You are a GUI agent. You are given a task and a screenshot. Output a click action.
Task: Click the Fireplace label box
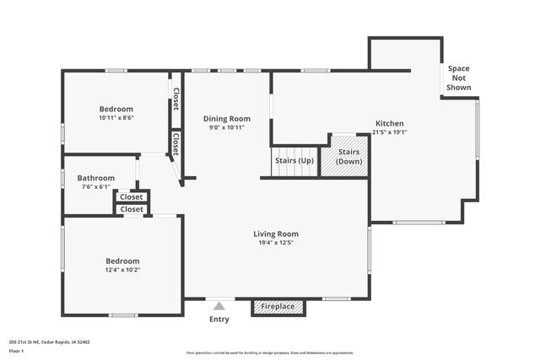pyautogui.click(x=278, y=307)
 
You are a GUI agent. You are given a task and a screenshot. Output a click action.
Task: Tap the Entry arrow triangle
pyautogui.click(x=219, y=306)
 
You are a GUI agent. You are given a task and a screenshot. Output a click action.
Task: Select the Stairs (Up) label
pyautogui.click(x=294, y=160)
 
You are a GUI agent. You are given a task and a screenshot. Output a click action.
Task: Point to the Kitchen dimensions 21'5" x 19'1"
pyautogui.click(x=389, y=132)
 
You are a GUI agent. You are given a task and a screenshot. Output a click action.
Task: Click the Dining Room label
pyautogui.click(x=227, y=119)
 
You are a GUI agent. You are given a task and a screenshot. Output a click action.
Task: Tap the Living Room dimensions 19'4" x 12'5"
pyautogui.click(x=276, y=243)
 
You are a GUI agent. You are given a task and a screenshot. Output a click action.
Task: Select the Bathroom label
pyautogui.click(x=96, y=178)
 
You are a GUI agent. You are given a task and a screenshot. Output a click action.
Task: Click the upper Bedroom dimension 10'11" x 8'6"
pyautogui.click(x=116, y=118)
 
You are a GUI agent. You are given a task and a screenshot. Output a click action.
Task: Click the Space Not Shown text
pyautogui.click(x=459, y=78)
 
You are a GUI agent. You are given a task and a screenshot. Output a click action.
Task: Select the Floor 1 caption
pyautogui.click(x=17, y=349)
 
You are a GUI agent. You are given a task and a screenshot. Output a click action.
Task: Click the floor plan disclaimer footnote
pyautogui.click(x=269, y=352)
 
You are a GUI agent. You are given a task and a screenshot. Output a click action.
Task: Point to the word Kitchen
pyautogui.click(x=389, y=123)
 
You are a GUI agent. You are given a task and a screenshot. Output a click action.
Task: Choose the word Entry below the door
pyautogui.click(x=219, y=320)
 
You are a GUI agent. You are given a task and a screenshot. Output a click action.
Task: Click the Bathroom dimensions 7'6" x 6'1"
pyautogui.click(x=96, y=187)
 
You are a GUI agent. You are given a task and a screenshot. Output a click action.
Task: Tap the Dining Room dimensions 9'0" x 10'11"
pyautogui.click(x=227, y=128)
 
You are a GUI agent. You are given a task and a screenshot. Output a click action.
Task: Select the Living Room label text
pyautogui.click(x=276, y=234)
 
